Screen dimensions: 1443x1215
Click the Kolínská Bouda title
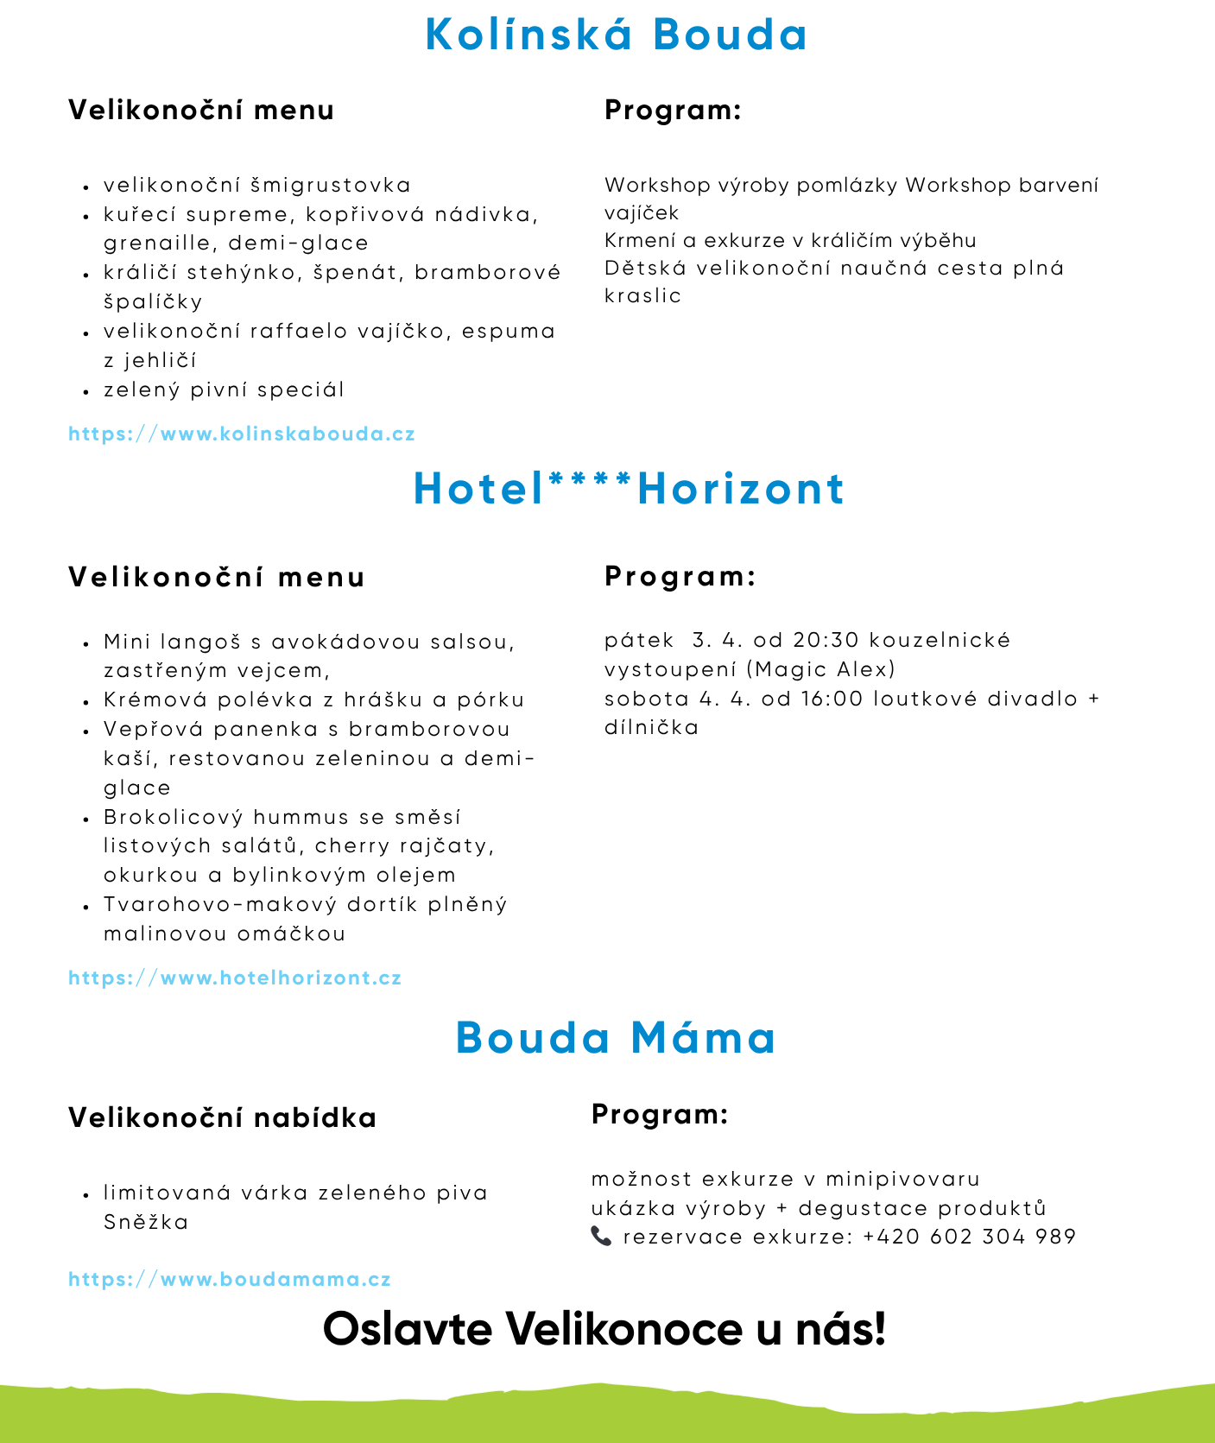pyautogui.click(x=617, y=35)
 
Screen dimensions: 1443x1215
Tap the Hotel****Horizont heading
pyautogui.click(x=629, y=489)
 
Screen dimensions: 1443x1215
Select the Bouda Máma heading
pyautogui.click(x=616, y=1037)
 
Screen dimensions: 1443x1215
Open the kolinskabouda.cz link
pyautogui.click(x=242, y=434)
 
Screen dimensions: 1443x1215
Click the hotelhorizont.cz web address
pyautogui.click(x=235, y=978)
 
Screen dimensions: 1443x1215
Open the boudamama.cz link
pyautogui.click(x=230, y=1279)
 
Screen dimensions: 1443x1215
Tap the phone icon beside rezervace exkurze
pyautogui.click(x=601, y=1236)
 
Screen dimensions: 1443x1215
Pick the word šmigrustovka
pyautogui.click(x=331, y=185)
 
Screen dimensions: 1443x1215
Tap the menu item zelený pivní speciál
pyautogui.click(x=224, y=389)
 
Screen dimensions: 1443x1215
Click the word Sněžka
pyautogui.click(x=146, y=1222)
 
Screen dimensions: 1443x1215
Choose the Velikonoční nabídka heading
pyautogui.click(x=222, y=1117)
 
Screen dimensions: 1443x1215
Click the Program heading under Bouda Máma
pyautogui.click(x=660, y=1114)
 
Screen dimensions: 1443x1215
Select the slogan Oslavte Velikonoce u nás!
pyautogui.click(x=604, y=1328)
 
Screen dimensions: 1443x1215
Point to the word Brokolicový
pyautogui.click(x=172, y=817)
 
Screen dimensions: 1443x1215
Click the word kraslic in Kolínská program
pyautogui.click(x=642, y=295)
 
